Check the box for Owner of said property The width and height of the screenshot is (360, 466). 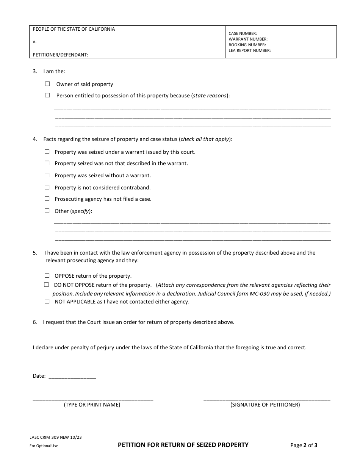[47, 84]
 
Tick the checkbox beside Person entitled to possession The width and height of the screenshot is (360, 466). [47, 95]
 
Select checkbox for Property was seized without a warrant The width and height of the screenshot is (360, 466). [47, 175]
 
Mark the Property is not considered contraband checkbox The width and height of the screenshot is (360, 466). [47, 187]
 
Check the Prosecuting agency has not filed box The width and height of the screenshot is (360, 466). [47, 199]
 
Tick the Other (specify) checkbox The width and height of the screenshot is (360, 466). [47, 211]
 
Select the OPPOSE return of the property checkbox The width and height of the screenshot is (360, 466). [47, 276]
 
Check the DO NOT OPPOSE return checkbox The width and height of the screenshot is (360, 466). [47, 285]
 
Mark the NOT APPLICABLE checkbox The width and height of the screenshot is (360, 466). [47, 302]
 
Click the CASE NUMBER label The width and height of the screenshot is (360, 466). [243, 34]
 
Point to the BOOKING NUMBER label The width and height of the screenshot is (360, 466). [247, 45]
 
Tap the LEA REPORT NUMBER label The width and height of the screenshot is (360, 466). [250, 50]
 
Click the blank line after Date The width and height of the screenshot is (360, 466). [72, 377]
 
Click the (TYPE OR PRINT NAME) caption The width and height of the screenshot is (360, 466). [92, 405]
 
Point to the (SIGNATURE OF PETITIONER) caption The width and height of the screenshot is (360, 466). [265, 405]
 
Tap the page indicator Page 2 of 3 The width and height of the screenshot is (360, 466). [304, 445]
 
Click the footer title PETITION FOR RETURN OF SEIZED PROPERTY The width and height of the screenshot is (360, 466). [183, 445]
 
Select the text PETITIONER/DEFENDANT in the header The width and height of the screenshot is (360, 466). [61, 55]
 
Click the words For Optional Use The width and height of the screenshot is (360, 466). [44, 446]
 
